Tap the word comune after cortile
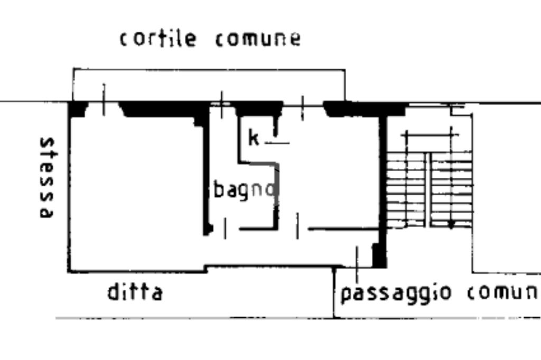click(258, 39)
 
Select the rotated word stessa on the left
click(47, 177)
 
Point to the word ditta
click(135, 291)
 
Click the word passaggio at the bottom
click(396, 293)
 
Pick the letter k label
click(254, 138)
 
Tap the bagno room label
click(245, 189)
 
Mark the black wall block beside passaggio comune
click(379, 255)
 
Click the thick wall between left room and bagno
click(206, 174)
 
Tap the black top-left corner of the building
click(78, 109)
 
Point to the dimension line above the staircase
click(429, 136)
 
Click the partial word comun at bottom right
click(503, 292)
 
